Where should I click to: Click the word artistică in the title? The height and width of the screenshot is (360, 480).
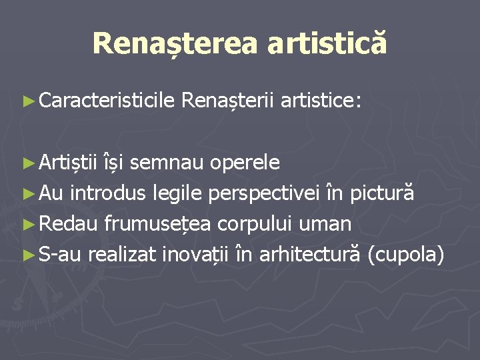click(327, 43)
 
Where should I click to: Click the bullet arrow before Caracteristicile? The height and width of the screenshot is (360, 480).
click(29, 101)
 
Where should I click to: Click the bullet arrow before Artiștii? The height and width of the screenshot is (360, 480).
click(29, 163)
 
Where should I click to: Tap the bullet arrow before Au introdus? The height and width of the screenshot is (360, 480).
click(29, 193)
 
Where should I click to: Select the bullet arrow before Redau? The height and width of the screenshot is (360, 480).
click(29, 224)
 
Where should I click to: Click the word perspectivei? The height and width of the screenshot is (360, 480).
click(265, 193)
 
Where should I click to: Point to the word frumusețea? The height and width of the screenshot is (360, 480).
click(155, 224)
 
